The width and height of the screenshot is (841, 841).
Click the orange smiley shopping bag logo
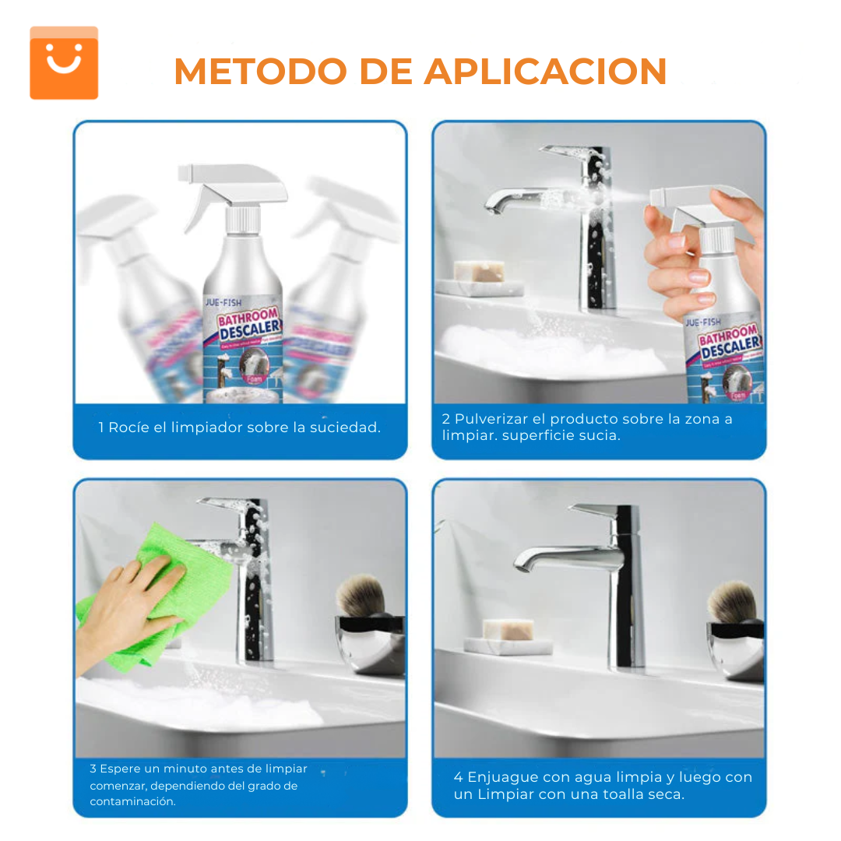(x=64, y=63)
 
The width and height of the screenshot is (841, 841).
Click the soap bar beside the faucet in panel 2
(x=478, y=270)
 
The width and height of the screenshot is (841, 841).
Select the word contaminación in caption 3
(x=132, y=802)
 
